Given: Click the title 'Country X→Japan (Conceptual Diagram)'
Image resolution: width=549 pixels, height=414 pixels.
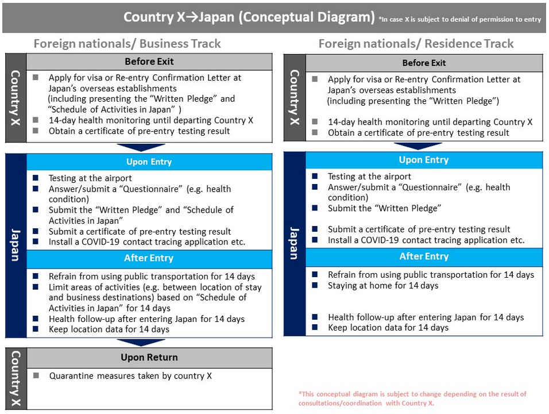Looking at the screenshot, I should pyautogui.click(x=249, y=17).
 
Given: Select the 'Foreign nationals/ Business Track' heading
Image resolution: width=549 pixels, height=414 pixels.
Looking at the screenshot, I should pyautogui.click(x=127, y=44).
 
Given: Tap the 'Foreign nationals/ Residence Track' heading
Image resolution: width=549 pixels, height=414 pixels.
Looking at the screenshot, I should pyautogui.click(x=416, y=44).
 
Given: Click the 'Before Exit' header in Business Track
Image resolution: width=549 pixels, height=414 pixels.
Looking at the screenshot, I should pyautogui.click(x=149, y=61).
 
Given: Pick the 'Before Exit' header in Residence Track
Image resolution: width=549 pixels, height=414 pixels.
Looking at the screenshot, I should pyautogui.click(x=424, y=63).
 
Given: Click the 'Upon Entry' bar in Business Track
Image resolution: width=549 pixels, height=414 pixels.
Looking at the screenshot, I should pyautogui.click(x=149, y=162).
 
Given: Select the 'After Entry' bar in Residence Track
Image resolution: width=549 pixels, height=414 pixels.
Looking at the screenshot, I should pyautogui.click(x=424, y=256).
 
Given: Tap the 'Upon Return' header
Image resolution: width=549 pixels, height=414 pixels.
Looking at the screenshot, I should pyautogui.click(x=149, y=357).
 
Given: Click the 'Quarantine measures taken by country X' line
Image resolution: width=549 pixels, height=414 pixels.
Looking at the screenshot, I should pyautogui.click(x=130, y=376).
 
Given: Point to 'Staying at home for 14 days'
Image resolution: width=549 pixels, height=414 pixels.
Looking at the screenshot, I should pyautogui.click(x=382, y=285).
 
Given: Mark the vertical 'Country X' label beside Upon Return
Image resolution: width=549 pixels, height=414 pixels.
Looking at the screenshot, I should pyautogui.click(x=16, y=379).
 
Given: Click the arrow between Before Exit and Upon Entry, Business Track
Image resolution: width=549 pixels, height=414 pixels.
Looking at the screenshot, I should pyautogui.click(x=140, y=147).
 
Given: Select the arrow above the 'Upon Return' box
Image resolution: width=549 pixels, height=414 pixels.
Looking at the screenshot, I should pyautogui.click(x=140, y=343).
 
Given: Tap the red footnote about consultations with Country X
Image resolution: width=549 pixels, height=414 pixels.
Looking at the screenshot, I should pyautogui.click(x=412, y=398).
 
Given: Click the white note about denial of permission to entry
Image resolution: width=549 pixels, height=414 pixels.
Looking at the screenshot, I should pyautogui.click(x=459, y=20).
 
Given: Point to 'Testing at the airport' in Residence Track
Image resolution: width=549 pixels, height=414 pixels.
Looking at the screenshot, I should pyautogui.click(x=369, y=177).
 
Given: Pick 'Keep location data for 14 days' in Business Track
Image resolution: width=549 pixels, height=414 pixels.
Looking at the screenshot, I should pyautogui.click(x=109, y=329).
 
